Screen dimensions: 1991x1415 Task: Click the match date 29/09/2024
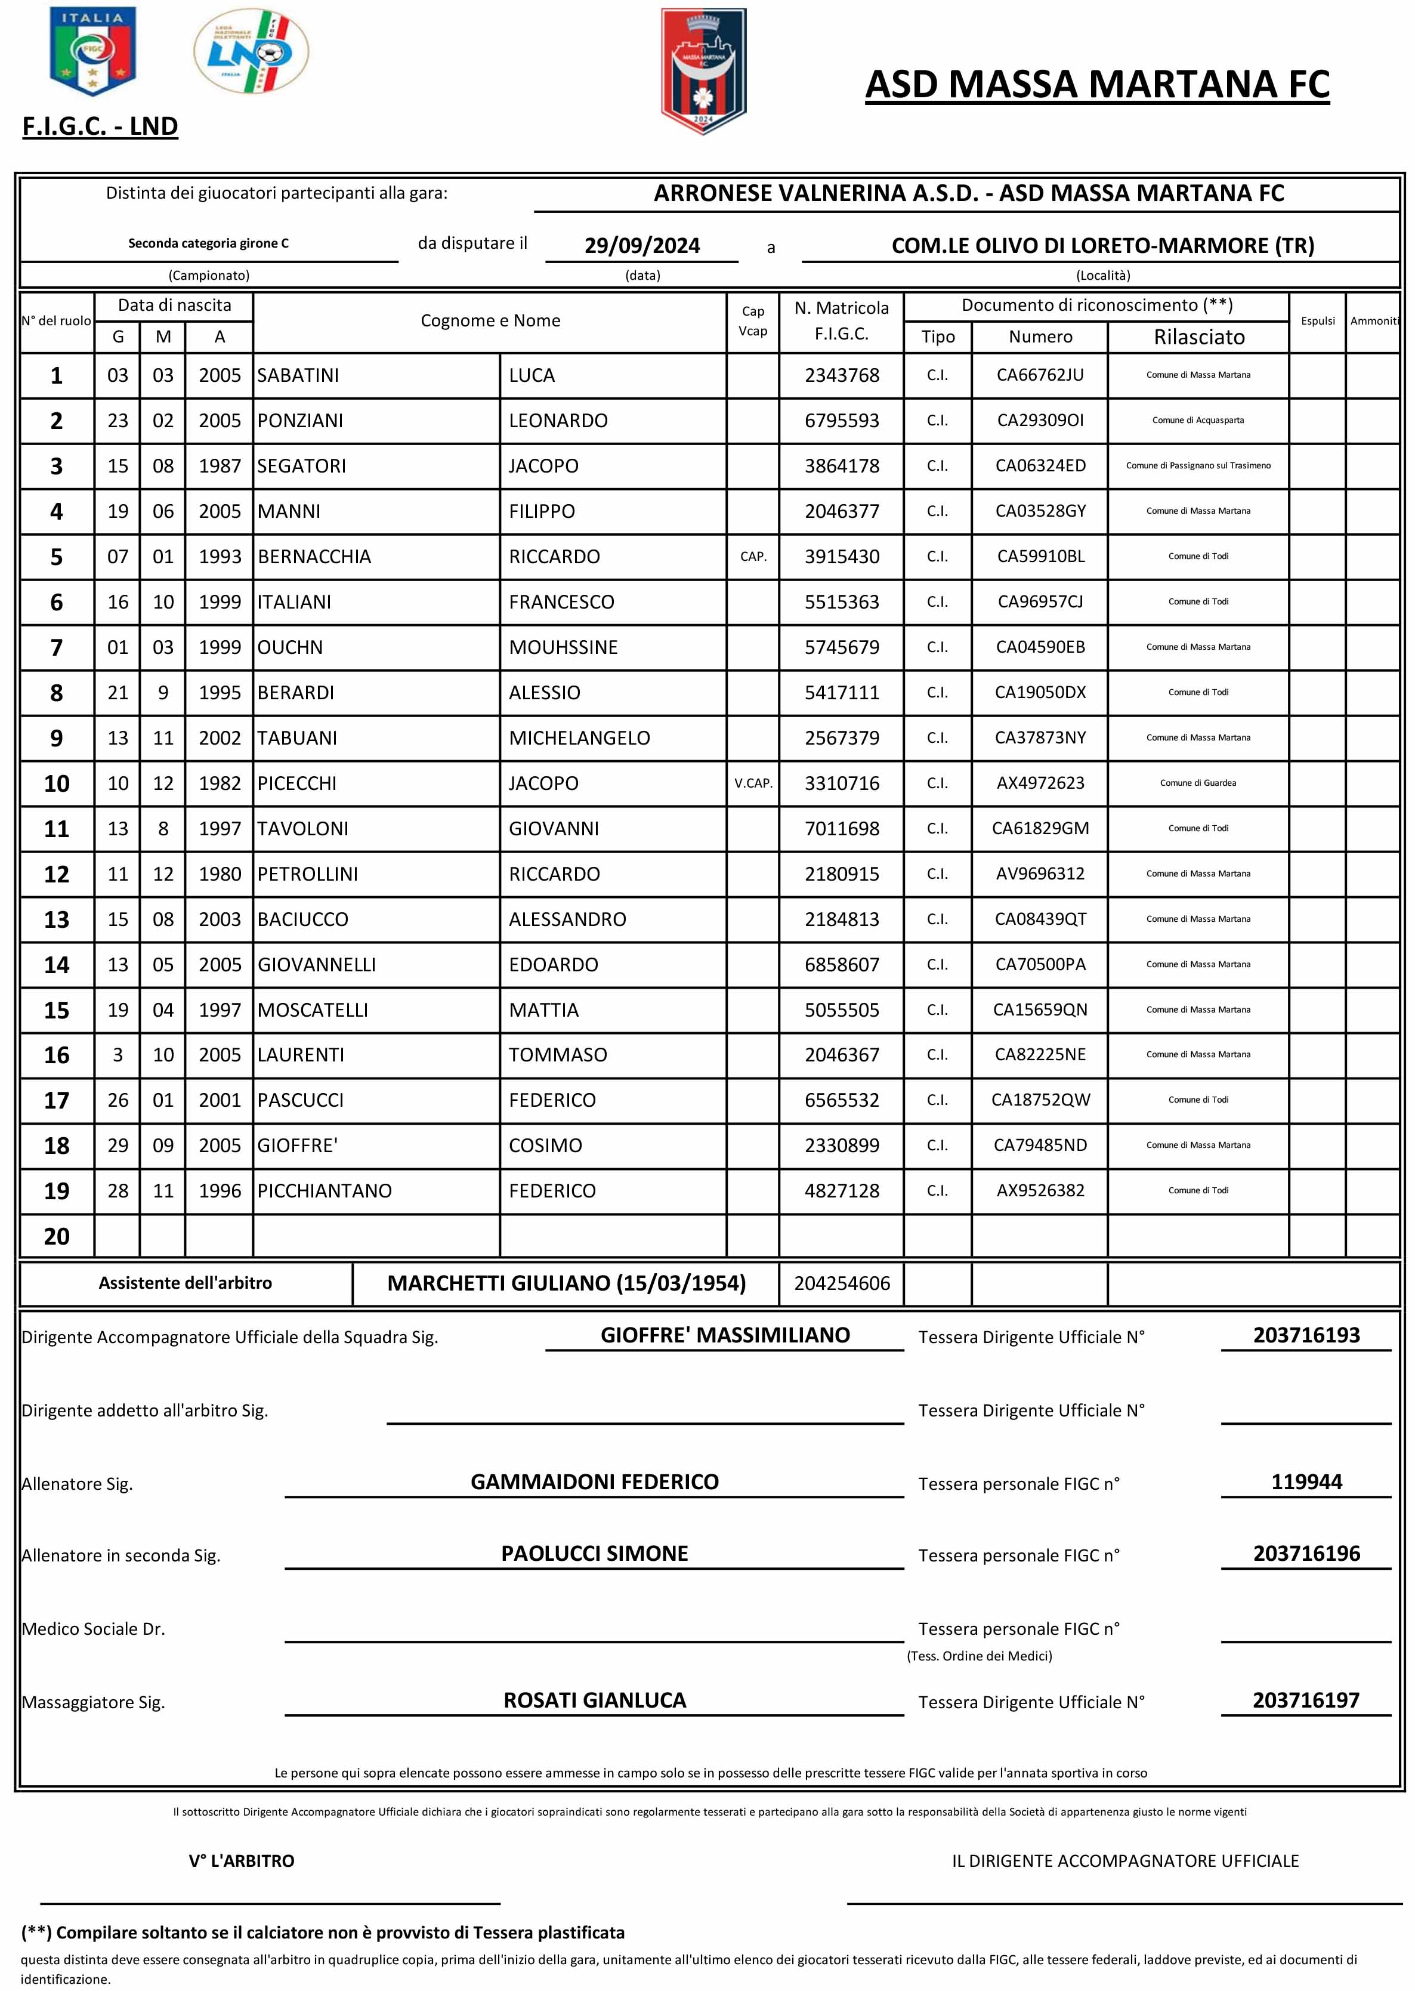click(x=642, y=246)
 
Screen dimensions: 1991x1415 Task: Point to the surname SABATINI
click(x=298, y=375)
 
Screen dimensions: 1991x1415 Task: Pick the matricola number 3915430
click(x=842, y=557)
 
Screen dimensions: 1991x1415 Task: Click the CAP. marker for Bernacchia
click(x=753, y=557)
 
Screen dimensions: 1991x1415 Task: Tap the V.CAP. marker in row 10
click(x=753, y=783)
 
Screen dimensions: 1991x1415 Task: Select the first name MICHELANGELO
click(x=579, y=738)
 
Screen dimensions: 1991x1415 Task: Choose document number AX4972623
click(x=1040, y=783)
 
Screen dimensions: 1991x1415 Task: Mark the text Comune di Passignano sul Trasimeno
click(x=1198, y=466)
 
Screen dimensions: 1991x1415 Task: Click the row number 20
click(x=57, y=1236)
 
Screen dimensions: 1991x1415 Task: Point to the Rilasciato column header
click(x=1199, y=337)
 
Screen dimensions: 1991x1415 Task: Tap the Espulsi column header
click(x=1317, y=320)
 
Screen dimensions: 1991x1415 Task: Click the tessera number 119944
click(x=1306, y=1482)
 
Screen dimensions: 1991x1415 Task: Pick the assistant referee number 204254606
click(x=842, y=1283)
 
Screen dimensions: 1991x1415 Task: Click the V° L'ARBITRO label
click(x=242, y=1861)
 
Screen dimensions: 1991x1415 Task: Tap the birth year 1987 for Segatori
click(x=220, y=466)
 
